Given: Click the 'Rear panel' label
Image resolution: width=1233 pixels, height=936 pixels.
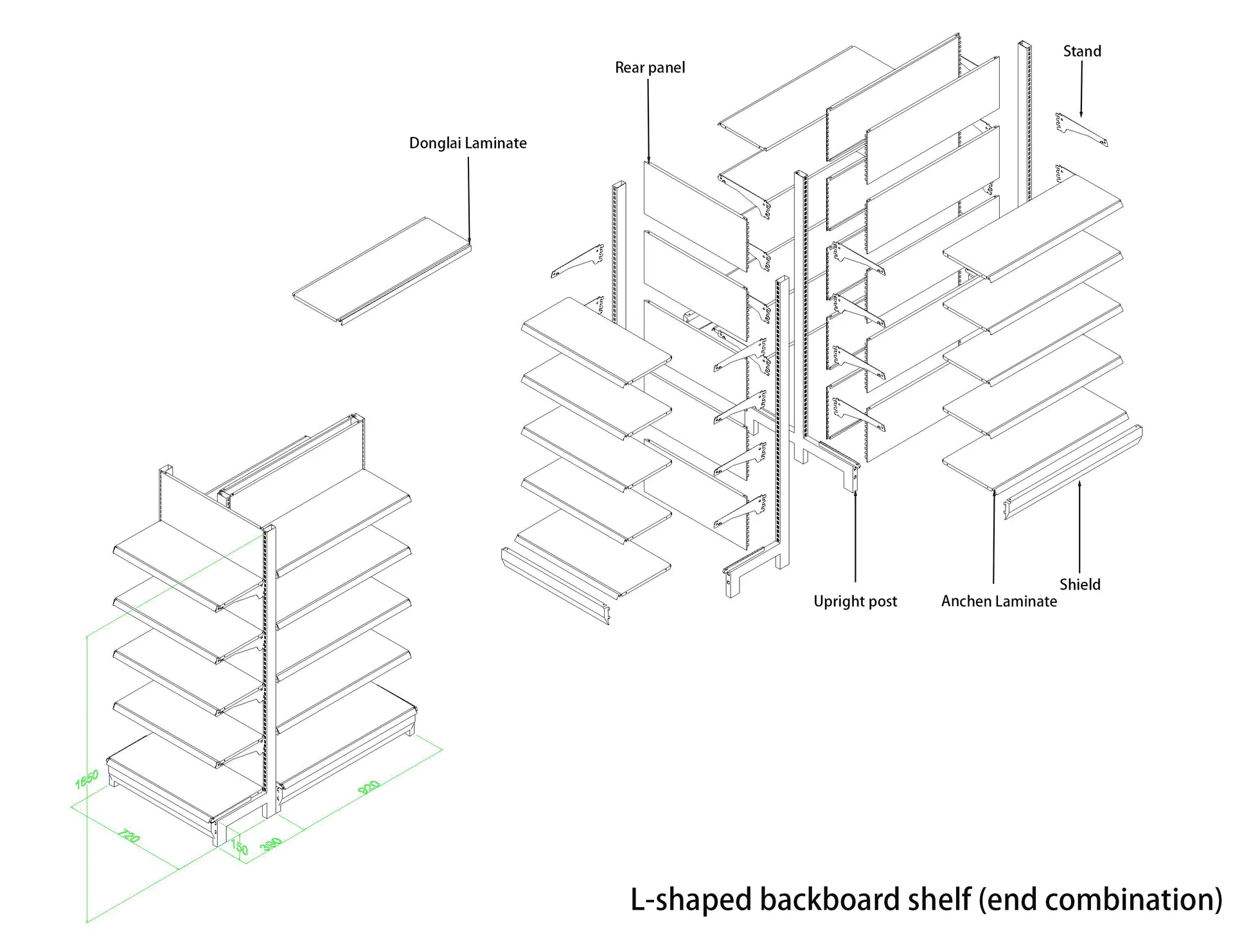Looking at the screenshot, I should pyautogui.click(x=650, y=67).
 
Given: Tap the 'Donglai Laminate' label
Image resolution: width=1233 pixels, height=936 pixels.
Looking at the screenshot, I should pyautogui.click(x=468, y=143).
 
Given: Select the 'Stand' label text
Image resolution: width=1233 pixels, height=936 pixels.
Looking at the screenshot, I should pyautogui.click(x=1082, y=51).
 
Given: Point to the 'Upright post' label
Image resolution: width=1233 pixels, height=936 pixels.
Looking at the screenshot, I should pyautogui.click(x=855, y=601).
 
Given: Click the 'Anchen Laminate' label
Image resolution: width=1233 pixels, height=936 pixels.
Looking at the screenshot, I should pyautogui.click(x=998, y=601).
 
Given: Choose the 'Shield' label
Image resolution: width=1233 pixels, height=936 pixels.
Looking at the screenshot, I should pyautogui.click(x=1079, y=584).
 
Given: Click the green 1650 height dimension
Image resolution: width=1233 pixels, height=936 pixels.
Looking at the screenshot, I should pyautogui.click(x=87, y=779).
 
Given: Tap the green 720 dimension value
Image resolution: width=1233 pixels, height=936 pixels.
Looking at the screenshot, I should pyautogui.click(x=129, y=836).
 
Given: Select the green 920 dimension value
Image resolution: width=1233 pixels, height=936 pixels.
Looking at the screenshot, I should pyautogui.click(x=369, y=787).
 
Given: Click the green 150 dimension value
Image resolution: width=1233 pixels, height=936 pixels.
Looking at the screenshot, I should pyautogui.click(x=239, y=847).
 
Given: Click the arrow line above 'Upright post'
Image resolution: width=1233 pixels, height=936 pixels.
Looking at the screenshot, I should pyautogui.click(x=855, y=534).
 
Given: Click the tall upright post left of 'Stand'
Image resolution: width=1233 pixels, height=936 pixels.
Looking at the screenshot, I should pyautogui.click(x=1024, y=122).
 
